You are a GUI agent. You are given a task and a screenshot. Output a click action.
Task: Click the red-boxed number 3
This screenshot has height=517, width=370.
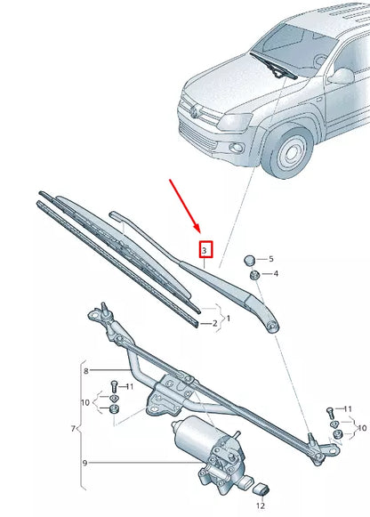click(x=205, y=252)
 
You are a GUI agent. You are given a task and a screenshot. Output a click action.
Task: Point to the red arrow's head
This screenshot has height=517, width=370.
click(x=200, y=233)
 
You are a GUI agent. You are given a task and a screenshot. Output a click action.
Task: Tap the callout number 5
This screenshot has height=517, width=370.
click(x=271, y=258)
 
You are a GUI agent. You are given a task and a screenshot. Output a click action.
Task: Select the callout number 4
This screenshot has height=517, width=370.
click(x=276, y=273)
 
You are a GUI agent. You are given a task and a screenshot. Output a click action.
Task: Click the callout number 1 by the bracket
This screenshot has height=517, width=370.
click(x=228, y=317)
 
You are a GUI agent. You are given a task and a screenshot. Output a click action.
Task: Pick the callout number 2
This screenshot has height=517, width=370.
click(x=215, y=324)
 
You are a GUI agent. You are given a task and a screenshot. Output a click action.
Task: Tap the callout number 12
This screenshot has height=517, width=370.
click(x=261, y=505)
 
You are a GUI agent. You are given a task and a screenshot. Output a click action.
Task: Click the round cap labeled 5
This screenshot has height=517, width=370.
click(x=252, y=259)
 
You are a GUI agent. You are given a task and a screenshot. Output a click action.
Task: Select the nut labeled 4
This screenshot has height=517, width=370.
click(x=254, y=276)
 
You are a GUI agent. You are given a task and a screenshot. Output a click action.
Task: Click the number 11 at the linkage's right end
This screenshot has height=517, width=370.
click(x=350, y=409)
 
